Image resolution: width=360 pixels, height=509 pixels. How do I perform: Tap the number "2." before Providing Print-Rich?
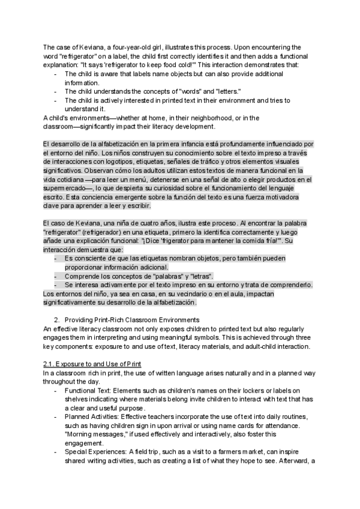click(x=58, y=319)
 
